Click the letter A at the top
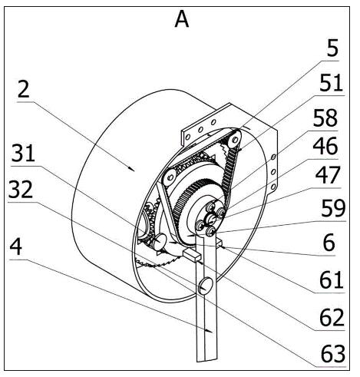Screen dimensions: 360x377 click(x=182, y=20)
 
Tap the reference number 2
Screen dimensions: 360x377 click(x=24, y=90)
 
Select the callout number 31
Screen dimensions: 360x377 click(x=23, y=154)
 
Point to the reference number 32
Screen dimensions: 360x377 click(x=21, y=190)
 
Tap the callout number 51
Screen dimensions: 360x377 click(x=331, y=83)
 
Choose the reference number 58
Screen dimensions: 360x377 click(x=325, y=118)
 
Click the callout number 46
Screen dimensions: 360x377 click(x=325, y=146)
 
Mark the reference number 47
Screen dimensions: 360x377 click(x=328, y=175)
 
